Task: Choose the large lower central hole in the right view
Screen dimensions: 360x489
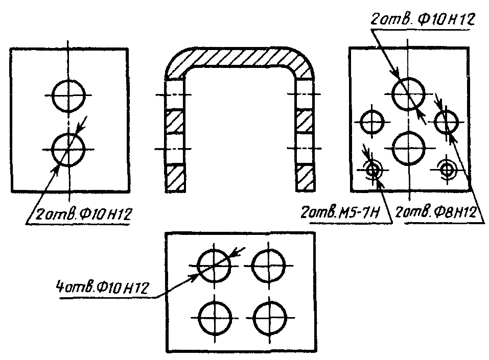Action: click(408, 148)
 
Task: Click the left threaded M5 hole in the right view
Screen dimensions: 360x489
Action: click(373, 170)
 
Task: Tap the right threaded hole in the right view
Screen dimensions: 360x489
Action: click(448, 168)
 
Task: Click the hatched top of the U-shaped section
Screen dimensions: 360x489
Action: click(240, 57)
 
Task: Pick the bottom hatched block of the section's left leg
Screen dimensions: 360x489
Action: click(175, 178)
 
